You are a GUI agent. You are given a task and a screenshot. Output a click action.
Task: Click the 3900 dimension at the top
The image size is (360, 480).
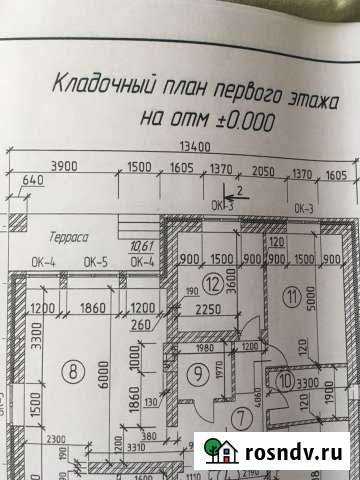(65, 166)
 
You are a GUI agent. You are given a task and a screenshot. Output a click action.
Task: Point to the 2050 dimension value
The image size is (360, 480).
(263, 172)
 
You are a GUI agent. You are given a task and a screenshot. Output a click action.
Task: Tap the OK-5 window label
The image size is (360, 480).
(96, 262)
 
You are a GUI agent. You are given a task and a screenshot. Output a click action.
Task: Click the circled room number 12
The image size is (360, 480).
(212, 284)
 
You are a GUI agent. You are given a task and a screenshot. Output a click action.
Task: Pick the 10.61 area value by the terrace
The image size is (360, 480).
(141, 247)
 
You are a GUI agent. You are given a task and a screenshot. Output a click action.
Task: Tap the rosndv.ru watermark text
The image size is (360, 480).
(296, 453)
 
